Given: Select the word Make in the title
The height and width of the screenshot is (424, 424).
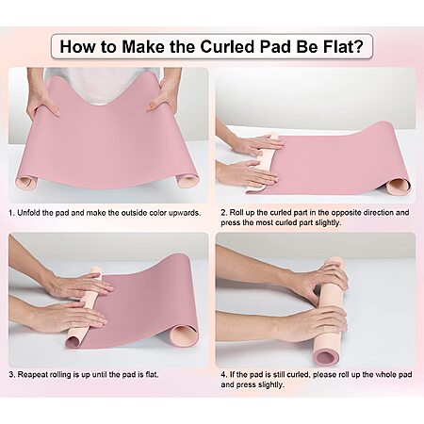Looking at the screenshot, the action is pos(143,46).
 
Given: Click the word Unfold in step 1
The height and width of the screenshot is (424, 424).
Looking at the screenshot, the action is pos(28,213).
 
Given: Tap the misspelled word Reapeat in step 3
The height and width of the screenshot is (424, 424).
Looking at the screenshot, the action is pos(31,375).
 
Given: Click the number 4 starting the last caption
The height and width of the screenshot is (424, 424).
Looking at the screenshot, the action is pos(223,375).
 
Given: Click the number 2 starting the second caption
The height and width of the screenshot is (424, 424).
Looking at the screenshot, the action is pos(223,213).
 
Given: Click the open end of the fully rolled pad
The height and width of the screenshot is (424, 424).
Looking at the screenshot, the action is pos(326,356).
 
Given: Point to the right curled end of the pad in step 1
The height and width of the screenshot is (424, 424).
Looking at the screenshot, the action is pos(187,181).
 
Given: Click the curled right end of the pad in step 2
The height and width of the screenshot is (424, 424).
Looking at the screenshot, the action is pos(398,186).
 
